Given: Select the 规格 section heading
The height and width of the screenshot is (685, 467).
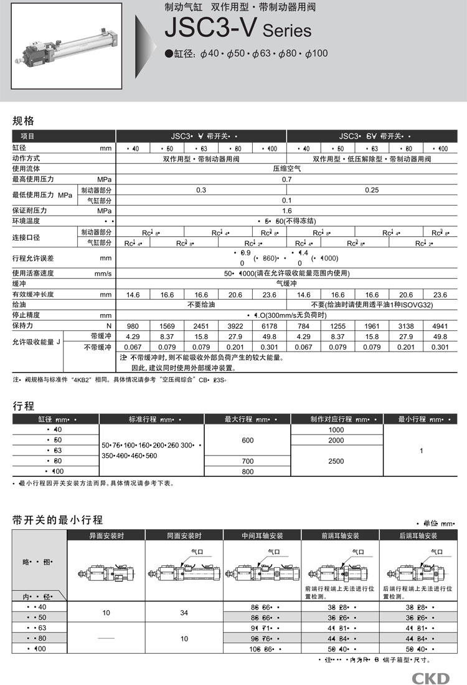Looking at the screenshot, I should [24, 121].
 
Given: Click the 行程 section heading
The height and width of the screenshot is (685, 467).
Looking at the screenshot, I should [24, 406].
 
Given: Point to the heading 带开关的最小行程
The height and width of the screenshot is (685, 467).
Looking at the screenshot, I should [57, 520].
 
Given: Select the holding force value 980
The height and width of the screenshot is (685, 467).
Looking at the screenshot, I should [133, 326].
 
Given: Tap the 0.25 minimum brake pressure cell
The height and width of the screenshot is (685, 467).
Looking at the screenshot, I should [372, 189].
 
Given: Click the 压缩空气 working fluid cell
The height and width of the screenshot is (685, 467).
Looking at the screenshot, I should [286, 168].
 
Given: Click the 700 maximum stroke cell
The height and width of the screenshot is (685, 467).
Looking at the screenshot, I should [248, 461].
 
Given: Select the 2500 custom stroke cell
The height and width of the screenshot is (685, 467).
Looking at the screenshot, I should [336, 461].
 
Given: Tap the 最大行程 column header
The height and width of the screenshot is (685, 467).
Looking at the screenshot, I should [248, 419].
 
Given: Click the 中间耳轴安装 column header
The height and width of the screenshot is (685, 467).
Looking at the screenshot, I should [263, 535].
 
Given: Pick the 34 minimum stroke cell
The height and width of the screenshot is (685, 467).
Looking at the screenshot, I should [184, 613].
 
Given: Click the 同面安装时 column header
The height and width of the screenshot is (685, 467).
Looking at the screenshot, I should [184, 535].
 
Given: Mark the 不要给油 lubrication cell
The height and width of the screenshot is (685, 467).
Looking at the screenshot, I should [201, 305].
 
